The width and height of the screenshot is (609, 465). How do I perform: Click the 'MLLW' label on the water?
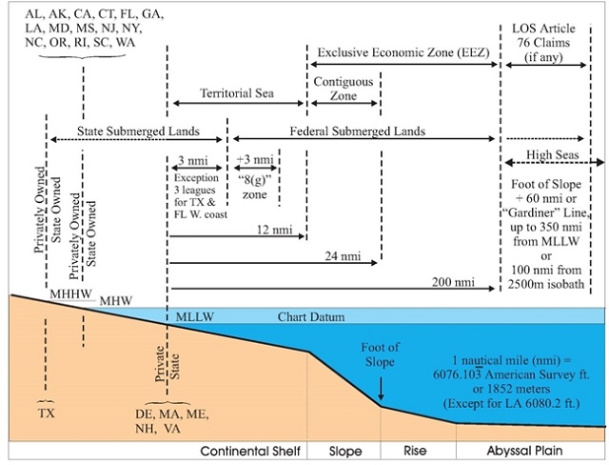coord(194,315)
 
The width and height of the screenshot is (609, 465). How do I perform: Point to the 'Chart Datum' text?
coord(311,315)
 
